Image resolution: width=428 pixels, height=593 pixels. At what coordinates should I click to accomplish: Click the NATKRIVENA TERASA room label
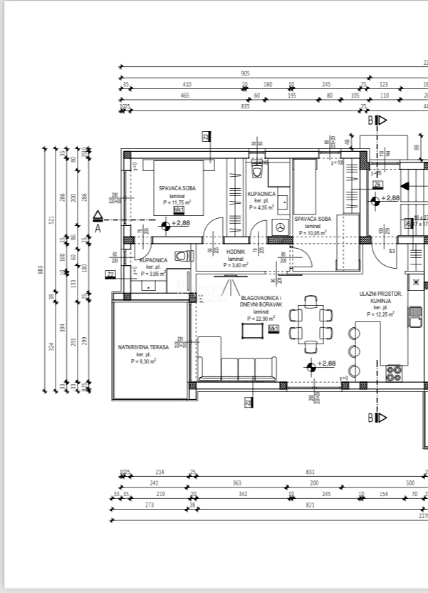143,347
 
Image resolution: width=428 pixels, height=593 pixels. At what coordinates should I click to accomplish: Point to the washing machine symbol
280,227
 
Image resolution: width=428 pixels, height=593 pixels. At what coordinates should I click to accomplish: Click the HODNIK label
236,252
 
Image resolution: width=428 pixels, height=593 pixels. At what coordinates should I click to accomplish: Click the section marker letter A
98,230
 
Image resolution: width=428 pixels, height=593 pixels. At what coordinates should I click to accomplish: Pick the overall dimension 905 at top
246,73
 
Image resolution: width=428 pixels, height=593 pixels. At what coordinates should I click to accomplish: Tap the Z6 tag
377,184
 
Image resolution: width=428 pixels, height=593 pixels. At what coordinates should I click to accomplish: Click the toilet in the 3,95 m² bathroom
182,256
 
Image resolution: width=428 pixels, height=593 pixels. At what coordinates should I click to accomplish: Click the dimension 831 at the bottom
310,472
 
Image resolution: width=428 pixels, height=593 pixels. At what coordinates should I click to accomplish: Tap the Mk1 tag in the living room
273,329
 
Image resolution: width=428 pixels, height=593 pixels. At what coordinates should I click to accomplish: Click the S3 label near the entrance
392,252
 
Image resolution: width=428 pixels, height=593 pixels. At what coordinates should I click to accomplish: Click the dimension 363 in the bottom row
237,483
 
